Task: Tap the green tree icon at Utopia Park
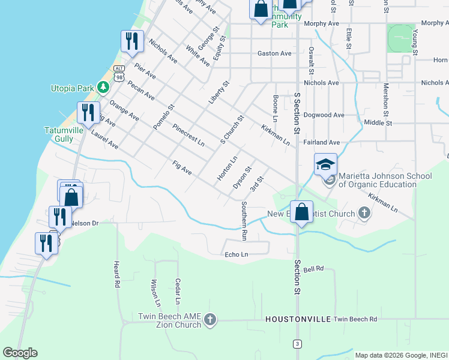click(x=103, y=88)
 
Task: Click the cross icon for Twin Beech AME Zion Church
click(x=210, y=320)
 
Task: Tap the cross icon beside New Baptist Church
click(x=364, y=213)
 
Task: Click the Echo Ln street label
click(x=236, y=254)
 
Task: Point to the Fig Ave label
click(x=181, y=168)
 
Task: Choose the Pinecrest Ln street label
click(x=188, y=136)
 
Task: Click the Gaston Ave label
click(x=274, y=53)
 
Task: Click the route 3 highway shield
click(x=297, y=343)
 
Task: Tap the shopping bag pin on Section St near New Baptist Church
click(x=302, y=212)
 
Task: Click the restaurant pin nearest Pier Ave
click(x=131, y=41)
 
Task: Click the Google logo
click(x=20, y=353)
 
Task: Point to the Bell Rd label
click(x=313, y=269)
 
